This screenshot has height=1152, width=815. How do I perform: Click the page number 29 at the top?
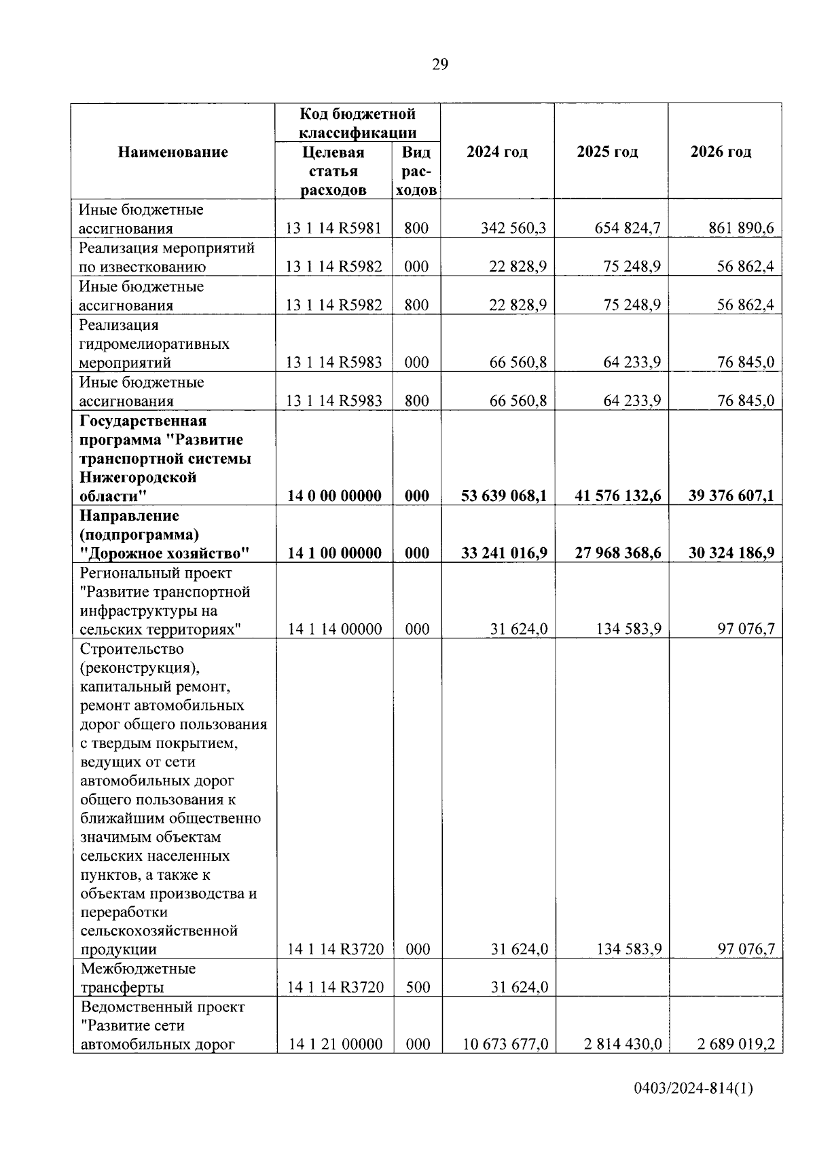pos(439,64)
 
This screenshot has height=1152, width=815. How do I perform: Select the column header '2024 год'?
pos(497,151)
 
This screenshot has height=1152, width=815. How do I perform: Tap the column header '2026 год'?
pos(721,151)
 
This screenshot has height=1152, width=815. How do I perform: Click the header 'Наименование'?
pos(173,151)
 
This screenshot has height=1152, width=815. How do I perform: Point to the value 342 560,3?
pos(513,228)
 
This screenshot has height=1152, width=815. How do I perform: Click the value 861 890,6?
pos(741,228)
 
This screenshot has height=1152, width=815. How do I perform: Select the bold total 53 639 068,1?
pos(504,496)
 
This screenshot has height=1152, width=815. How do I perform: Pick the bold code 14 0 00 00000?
pos(334,496)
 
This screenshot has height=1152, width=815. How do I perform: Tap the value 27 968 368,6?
pos(618,553)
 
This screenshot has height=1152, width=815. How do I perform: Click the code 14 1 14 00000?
pos(335,629)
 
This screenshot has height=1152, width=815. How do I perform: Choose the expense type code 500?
pos(417,987)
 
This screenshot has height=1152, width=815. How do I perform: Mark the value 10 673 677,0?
pos(505,1044)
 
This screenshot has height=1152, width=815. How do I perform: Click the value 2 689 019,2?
pos(736,1044)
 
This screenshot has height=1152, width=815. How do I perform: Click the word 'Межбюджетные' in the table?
pos(138,968)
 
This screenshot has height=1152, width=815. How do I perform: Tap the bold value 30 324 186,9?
pos(731,553)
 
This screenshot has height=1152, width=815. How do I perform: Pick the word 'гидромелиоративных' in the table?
pos(154,343)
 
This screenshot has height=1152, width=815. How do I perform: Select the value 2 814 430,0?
pos(622,1044)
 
